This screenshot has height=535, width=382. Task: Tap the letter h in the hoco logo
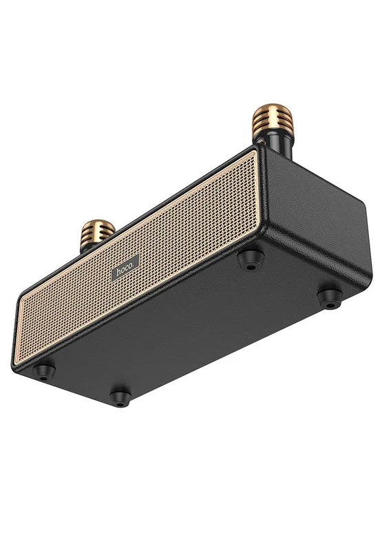(x=118, y=272)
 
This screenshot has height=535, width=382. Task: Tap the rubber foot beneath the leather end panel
(x=330, y=299)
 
